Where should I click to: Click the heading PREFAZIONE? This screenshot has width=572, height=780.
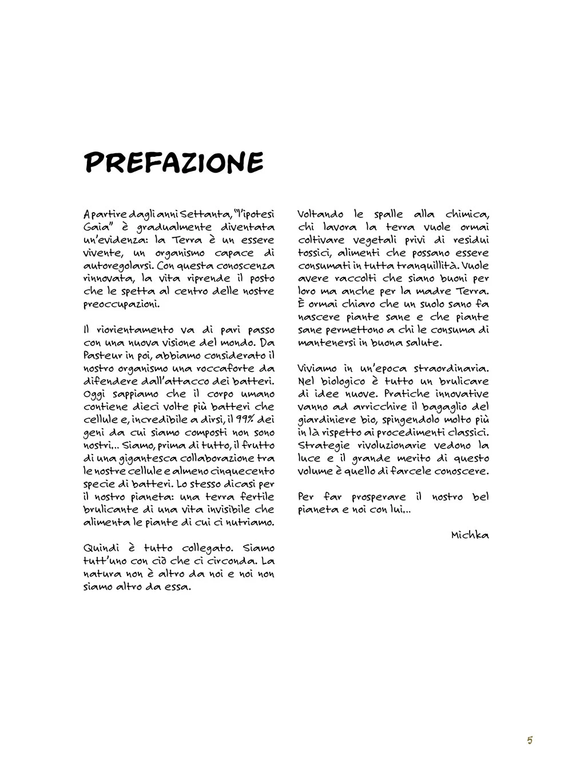point(174,163)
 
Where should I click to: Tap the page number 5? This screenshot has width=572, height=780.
point(530,741)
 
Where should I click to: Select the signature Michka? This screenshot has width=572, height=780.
point(470,535)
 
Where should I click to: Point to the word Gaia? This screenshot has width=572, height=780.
point(96,227)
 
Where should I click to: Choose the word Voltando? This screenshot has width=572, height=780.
point(320,214)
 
